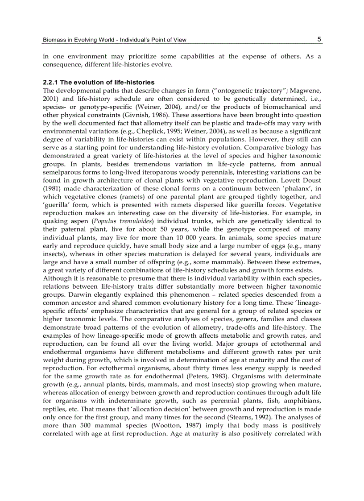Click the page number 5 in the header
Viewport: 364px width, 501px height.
click(319, 39)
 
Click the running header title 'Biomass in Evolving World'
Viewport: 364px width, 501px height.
click(79, 40)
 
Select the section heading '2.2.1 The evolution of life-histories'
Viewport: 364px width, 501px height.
click(99, 83)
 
